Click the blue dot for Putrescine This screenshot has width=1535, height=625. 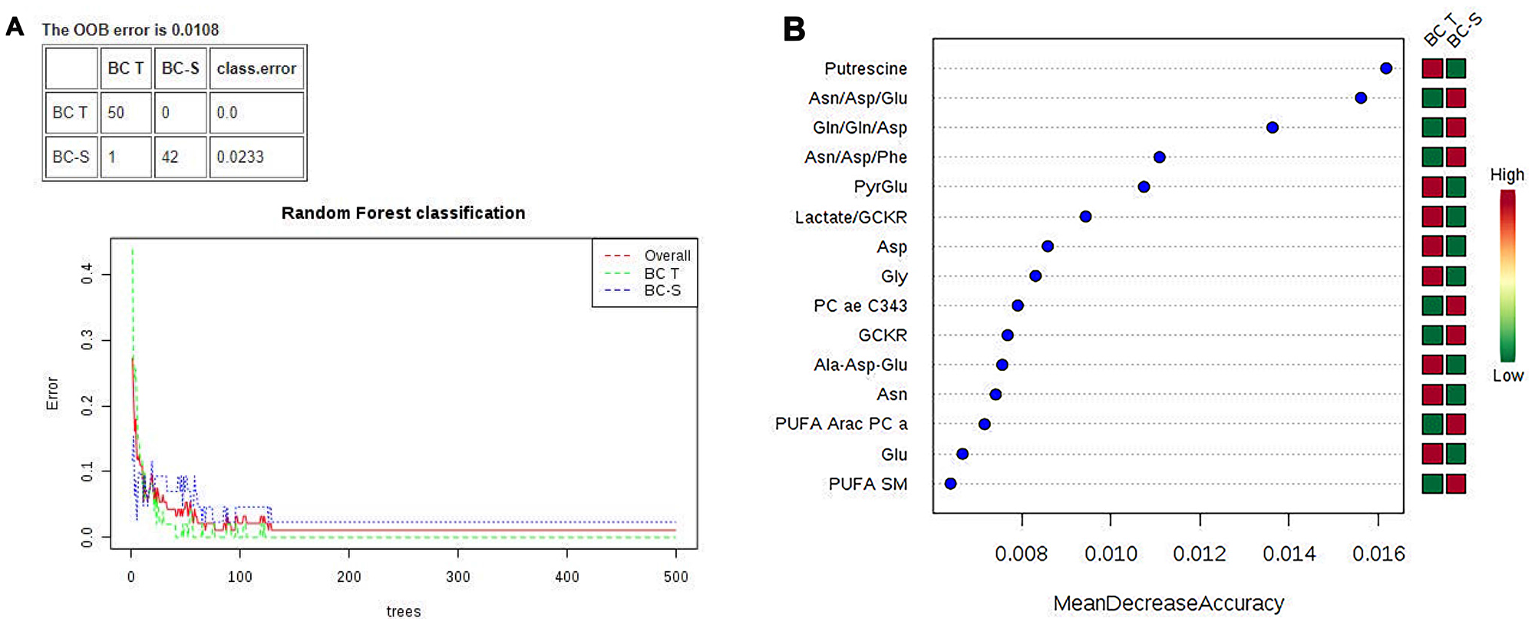click(1385, 68)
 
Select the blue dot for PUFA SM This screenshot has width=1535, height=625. click(950, 484)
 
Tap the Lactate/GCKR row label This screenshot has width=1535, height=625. click(850, 217)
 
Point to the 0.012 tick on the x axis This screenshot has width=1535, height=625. click(1200, 554)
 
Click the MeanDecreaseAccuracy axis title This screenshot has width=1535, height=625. click(1168, 604)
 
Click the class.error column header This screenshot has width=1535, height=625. click(256, 68)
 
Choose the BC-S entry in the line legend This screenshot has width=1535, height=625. click(662, 291)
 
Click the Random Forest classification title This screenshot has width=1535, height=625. click(403, 213)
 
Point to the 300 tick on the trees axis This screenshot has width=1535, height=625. click(457, 577)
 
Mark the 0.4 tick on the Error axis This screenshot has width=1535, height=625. click(87, 273)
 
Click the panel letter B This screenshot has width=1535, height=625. click(794, 29)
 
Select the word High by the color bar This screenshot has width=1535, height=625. click(1507, 175)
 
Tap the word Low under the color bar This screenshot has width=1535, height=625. click(1507, 376)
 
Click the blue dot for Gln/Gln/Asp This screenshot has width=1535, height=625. click(1272, 127)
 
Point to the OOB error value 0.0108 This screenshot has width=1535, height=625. click(195, 30)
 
